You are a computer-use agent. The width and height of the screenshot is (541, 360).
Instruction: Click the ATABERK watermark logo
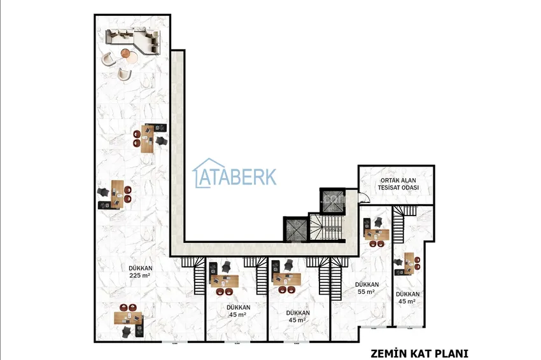coord(235,174)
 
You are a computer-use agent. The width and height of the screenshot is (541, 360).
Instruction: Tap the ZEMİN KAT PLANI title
coord(419,354)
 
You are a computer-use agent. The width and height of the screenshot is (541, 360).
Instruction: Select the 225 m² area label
coord(140,275)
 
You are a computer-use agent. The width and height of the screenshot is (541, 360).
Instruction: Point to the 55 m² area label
coord(366,292)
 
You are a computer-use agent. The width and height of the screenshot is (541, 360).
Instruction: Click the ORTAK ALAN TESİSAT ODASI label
coord(398,184)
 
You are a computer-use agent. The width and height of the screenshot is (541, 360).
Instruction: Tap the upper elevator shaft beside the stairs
coord(333,200)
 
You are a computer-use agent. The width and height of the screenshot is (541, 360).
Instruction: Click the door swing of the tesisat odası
coord(363,198)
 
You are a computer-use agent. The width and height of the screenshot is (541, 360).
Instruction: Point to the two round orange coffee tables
coord(129,55)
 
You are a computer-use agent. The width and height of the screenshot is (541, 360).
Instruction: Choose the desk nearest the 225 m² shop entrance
coord(128,318)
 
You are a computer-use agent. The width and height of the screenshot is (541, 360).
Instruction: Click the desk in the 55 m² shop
coord(377,234)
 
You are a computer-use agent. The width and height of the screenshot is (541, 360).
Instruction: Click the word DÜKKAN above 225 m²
coord(141,268)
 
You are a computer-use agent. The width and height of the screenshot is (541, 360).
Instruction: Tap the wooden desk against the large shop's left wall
coord(117,194)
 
